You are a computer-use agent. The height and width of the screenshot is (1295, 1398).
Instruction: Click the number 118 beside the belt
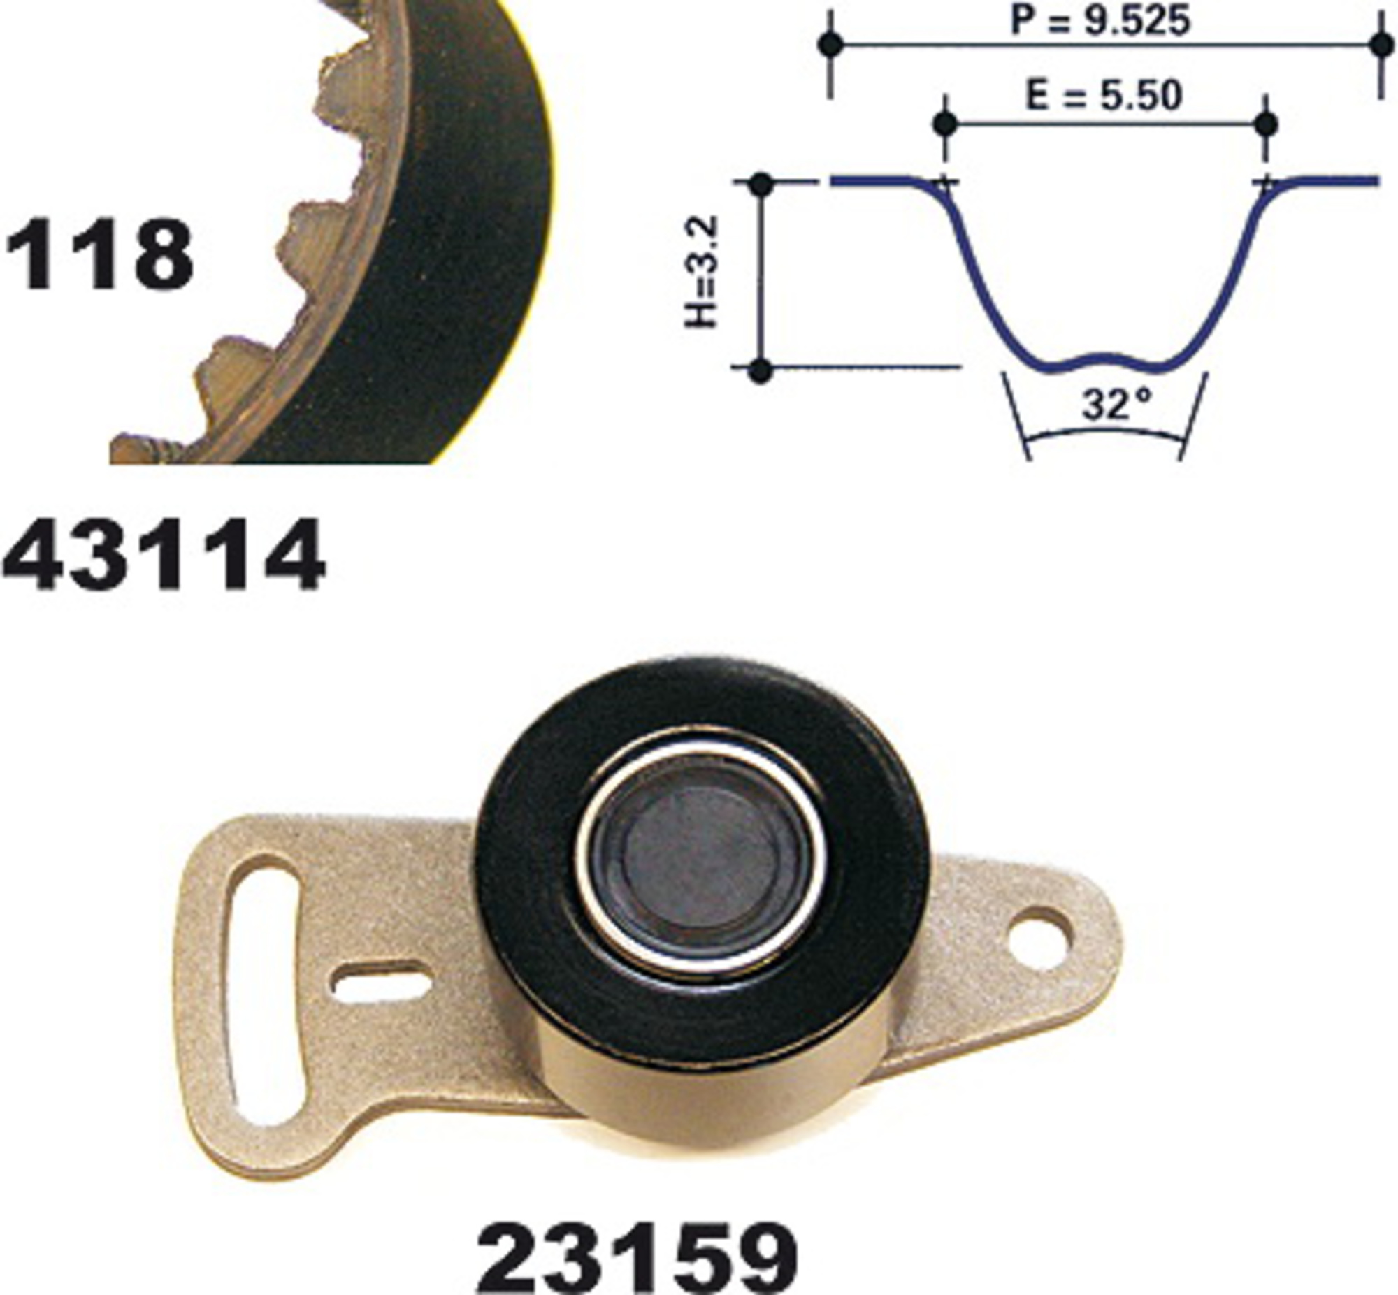[98, 254]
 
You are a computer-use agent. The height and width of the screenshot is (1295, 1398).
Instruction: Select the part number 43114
[164, 555]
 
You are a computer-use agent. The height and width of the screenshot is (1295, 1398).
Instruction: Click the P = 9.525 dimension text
[1100, 20]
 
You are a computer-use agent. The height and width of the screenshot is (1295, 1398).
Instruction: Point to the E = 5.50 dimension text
[1104, 96]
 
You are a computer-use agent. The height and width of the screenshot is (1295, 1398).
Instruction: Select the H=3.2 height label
[702, 271]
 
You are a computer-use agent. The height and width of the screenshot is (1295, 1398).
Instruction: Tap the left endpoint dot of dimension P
[830, 45]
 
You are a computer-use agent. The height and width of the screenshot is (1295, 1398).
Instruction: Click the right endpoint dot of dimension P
[1382, 45]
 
